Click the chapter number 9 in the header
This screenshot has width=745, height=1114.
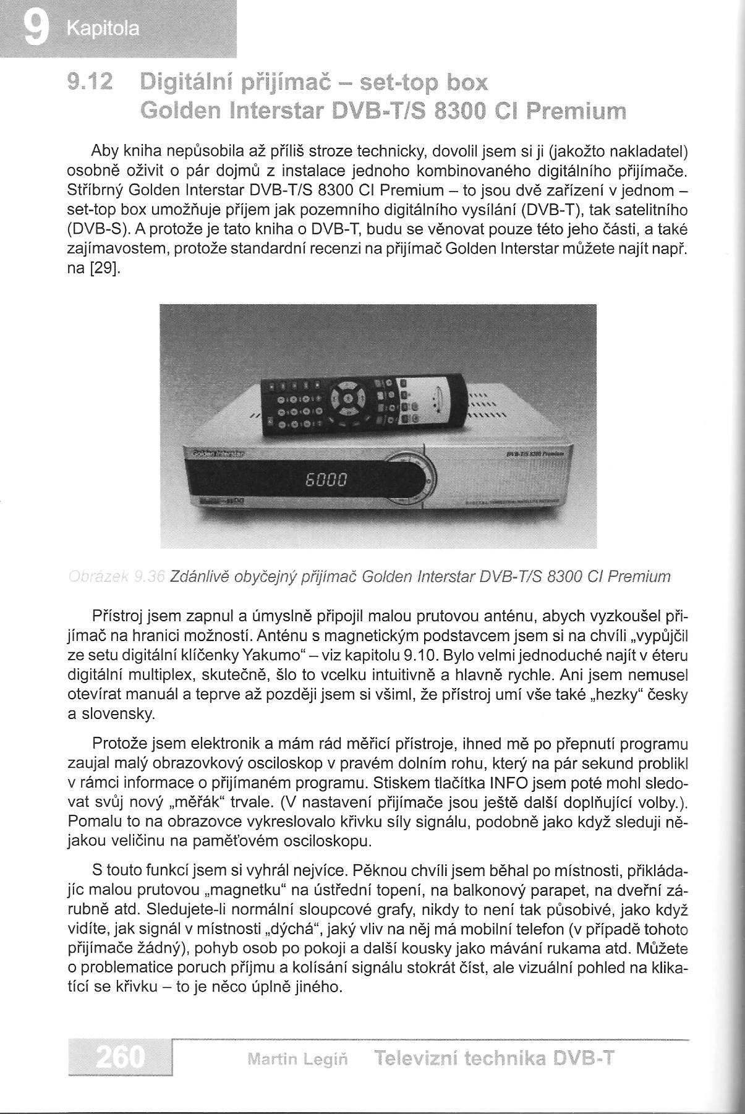(35, 28)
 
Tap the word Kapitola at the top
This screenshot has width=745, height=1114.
(103, 29)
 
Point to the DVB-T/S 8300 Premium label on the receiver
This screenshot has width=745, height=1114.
(534, 453)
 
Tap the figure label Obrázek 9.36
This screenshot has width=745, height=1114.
(116, 577)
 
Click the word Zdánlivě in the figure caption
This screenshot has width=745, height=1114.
(199, 577)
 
